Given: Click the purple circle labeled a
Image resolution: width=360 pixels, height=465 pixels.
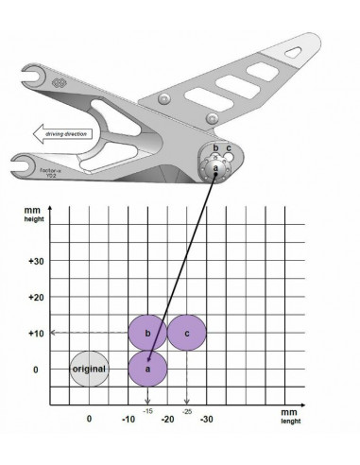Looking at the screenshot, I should [148, 369].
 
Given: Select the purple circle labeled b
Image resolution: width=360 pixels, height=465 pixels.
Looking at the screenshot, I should [148, 333].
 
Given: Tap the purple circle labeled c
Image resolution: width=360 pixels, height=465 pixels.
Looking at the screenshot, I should [187, 333].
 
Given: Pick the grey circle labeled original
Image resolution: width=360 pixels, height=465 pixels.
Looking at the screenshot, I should [90, 369].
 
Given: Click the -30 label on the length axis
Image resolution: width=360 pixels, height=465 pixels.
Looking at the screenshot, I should [206, 418].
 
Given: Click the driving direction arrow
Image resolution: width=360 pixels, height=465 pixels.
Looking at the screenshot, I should [65, 134].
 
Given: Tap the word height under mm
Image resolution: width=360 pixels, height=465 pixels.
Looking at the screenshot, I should [33, 219].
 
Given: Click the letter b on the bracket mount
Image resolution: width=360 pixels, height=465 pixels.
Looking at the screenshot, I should [215, 149].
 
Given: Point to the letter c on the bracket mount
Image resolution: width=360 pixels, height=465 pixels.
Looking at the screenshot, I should [229, 149].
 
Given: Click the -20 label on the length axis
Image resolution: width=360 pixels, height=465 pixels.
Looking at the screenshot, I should [167, 418].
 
